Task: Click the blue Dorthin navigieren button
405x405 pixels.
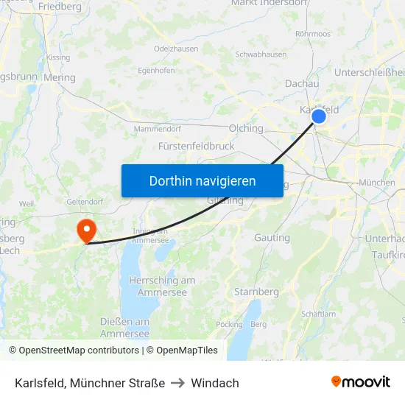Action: point(202,180)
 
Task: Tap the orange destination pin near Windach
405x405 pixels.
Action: point(87,230)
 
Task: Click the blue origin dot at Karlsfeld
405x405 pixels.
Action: point(319,116)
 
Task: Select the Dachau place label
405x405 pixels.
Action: point(302,84)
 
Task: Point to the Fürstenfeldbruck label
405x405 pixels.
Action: point(197,146)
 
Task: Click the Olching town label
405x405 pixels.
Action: point(246,128)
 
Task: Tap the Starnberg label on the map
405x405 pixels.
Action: point(256,292)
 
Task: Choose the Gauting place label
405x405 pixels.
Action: point(272,238)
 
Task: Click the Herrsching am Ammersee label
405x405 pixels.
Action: point(162,286)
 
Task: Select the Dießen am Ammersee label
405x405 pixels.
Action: point(125,328)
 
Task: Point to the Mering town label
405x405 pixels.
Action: point(60,77)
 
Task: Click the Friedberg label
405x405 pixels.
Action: point(60,7)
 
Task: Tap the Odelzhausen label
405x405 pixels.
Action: point(176,49)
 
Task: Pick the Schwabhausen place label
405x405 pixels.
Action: point(261,54)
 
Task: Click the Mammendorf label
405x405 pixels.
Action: point(158,129)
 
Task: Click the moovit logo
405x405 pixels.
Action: point(360,382)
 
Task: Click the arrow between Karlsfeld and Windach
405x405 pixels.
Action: point(177,383)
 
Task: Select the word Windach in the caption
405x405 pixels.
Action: point(215,383)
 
